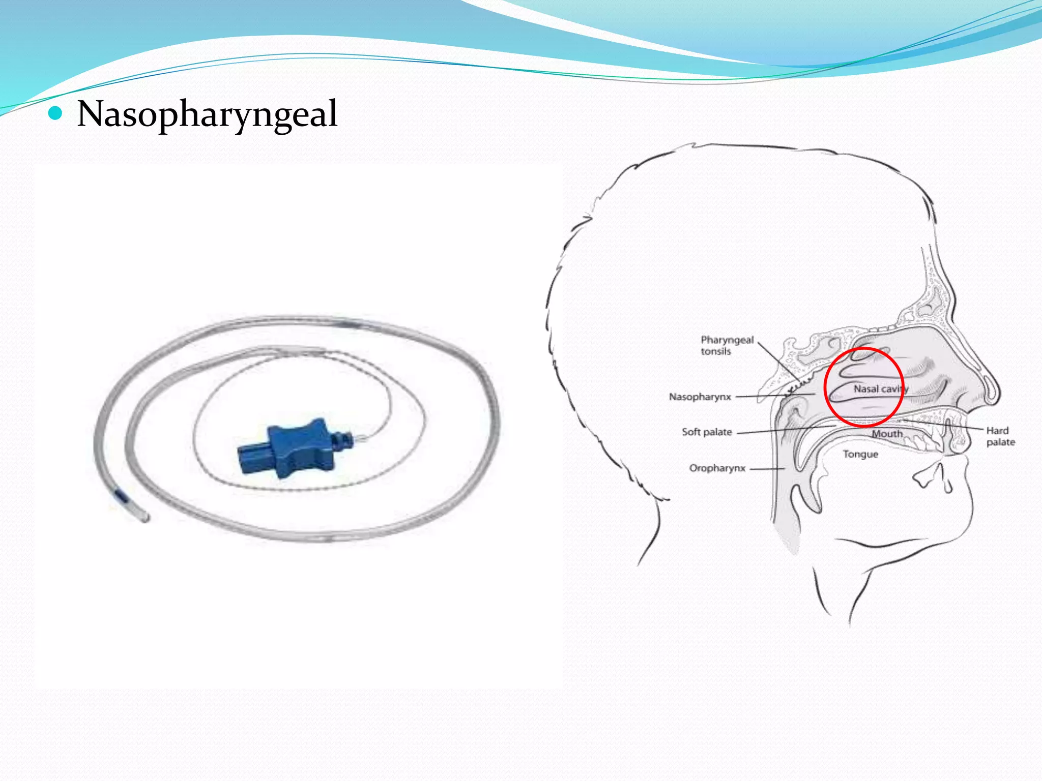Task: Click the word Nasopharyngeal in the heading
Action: click(207, 114)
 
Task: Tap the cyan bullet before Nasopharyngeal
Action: click(55, 113)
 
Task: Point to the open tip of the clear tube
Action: click(146, 518)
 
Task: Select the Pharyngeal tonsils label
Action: click(727, 345)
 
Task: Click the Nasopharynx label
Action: click(700, 397)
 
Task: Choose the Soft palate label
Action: click(707, 432)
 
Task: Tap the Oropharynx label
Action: click(717, 468)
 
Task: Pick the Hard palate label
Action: click(1000, 436)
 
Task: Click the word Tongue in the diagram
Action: click(860, 454)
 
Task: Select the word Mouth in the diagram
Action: click(887, 434)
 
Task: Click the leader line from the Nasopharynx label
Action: click(773, 396)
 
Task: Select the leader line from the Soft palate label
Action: click(784, 430)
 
